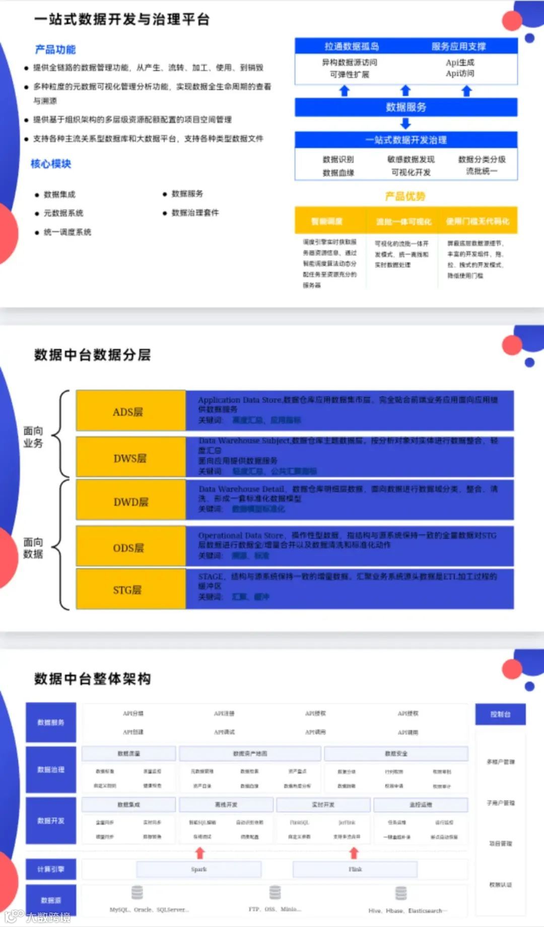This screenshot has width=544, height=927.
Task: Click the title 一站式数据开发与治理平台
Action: pyautogui.click(x=122, y=20)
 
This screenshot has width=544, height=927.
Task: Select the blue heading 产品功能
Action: pyautogui.click(x=55, y=49)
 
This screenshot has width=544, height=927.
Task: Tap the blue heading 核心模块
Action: pyautogui.click(x=51, y=164)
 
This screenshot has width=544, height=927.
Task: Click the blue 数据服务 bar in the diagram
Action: pyautogui.click(x=406, y=107)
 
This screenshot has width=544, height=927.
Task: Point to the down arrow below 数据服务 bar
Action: pyautogui.click(x=405, y=124)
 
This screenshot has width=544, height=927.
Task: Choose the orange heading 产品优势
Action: pyautogui.click(x=405, y=196)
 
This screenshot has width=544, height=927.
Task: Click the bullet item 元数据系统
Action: pyautogui.click(x=63, y=213)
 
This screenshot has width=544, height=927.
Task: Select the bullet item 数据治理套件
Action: pyautogui.click(x=195, y=212)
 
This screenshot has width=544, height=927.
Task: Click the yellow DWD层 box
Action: pyautogui.click(x=130, y=502)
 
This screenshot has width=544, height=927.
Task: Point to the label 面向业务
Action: pyautogui.click(x=33, y=437)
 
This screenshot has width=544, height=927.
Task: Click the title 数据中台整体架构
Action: pyautogui.click(x=93, y=679)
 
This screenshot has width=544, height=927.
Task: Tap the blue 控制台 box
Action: pyautogui.click(x=500, y=714)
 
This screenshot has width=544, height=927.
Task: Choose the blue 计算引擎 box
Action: pyautogui.click(x=51, y=869)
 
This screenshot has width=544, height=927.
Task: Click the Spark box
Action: pyautogui.click(x=199, y=869)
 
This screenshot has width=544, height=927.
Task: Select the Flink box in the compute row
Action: pyautogui.click(x=355, y=869)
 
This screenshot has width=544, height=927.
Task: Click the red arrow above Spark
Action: pyautogui.click(x=200, y=852)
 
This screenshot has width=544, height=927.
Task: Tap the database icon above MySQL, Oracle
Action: pyautogui.click(x=137, y=892)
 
